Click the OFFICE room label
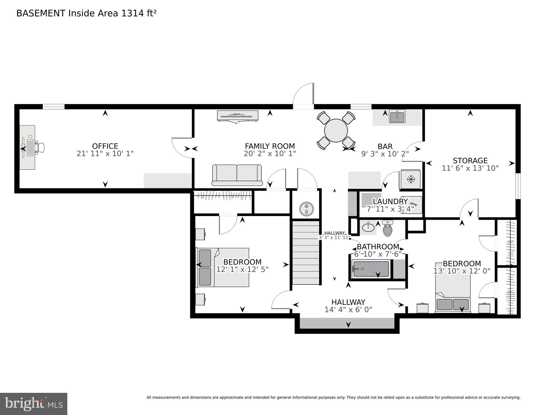[x=105, y=146]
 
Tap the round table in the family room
[x=336, y=131]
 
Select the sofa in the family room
[x=237, y=175]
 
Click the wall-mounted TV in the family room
[x=238, y=116]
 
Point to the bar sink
[x=397, y=116]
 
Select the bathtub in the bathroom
[x=371, y=269]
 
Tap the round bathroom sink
[x=368, y=227]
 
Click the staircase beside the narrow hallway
[x=306, y=253]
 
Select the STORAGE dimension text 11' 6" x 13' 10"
[x=470, y=168]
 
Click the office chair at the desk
[x=41, y=148]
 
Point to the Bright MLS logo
[x=34, y=404]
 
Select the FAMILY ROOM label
[x=270, y=146]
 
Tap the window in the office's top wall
[x=54, y=107]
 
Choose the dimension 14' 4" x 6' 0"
[x=348, y=310]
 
